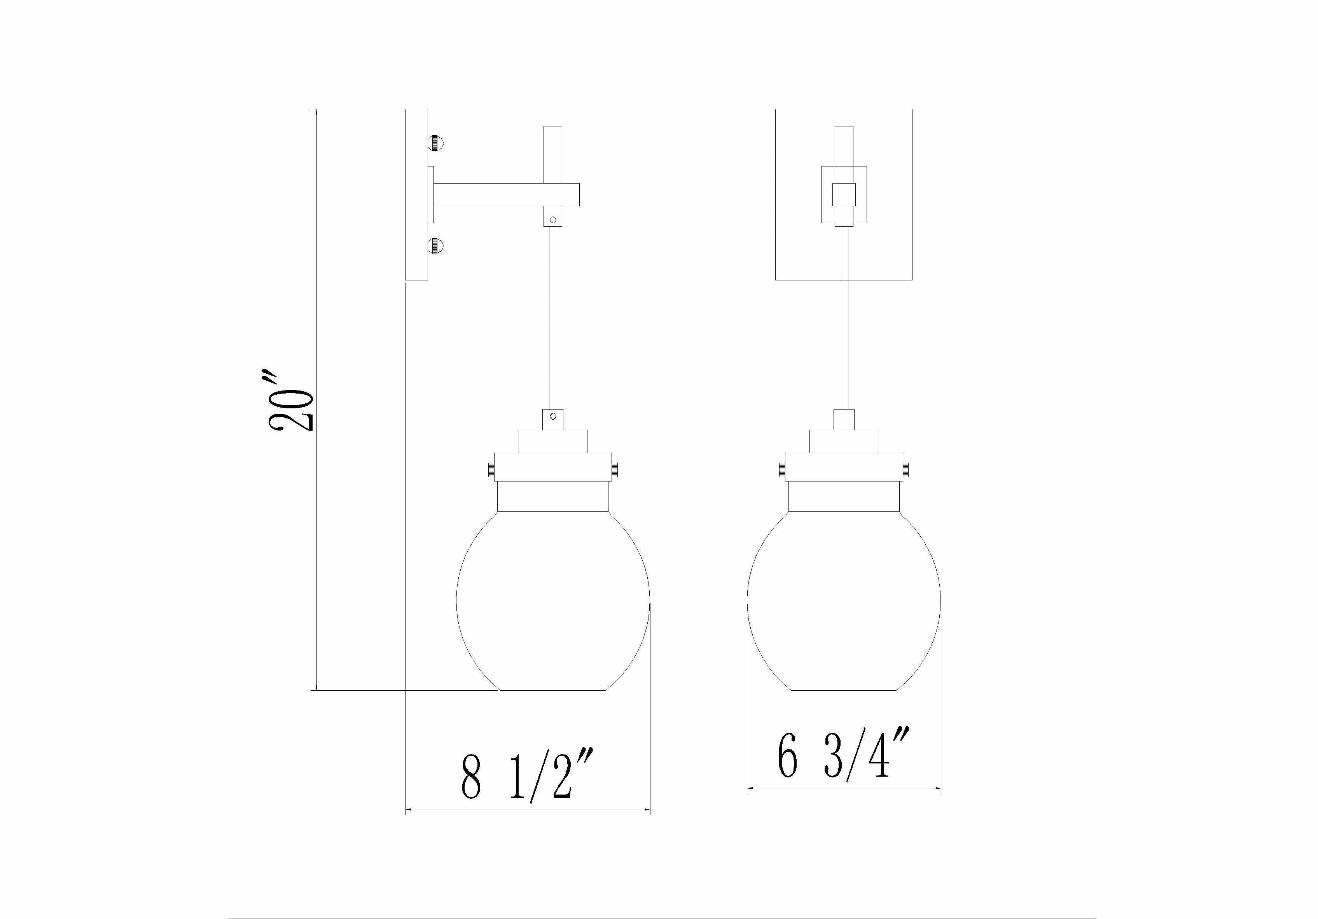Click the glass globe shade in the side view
pos(553,603)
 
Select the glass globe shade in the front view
pos(843,603)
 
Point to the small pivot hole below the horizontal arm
pos(553,219)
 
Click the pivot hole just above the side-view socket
pos(553,416)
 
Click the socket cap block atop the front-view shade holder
pos(843,441)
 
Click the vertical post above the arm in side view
pos(553,152)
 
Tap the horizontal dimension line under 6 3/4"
pos(843,789)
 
